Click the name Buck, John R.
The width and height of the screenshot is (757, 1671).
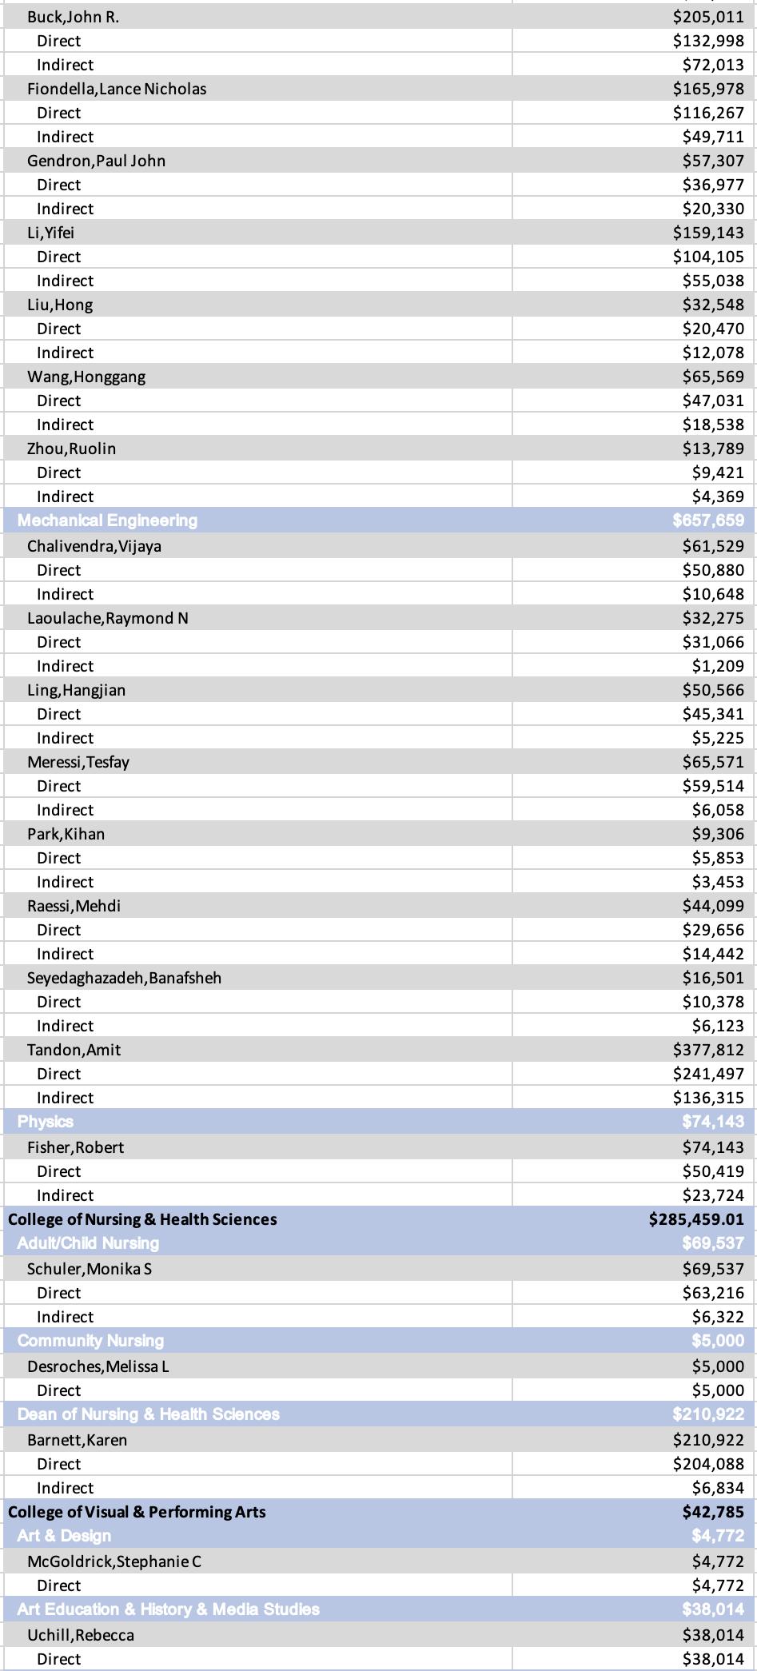click(73, 17)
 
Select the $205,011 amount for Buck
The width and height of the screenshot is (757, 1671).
click(708, 17)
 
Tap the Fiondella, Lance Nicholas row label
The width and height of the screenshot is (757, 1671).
click(117, 89)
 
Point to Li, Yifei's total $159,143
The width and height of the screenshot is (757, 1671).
click(708, 233)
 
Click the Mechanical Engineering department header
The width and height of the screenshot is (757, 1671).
click(107, 520)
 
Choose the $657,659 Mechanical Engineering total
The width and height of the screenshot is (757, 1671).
click(708, 520)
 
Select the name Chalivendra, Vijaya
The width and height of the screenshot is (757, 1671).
click(94, 546)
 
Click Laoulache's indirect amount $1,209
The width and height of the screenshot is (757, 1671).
click(718, 666)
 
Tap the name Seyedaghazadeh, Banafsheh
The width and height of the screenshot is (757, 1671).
click(124, 978)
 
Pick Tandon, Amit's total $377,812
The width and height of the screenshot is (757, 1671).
click(708, 1050)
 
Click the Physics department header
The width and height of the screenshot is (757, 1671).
click(46, 1122)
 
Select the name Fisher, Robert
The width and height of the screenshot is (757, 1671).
click(75, 1147)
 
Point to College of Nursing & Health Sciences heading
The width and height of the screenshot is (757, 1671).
click(142, 1219)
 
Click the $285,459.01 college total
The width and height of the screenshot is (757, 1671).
click(696, 1219)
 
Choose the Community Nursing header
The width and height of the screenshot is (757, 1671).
click(90, 1341)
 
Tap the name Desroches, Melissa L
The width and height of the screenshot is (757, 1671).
click(98, 1366)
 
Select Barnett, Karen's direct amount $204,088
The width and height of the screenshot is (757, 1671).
click(708, 1464)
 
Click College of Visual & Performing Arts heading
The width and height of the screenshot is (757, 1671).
click(137, 1512)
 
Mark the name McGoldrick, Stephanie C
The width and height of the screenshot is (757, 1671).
click(114, 1561)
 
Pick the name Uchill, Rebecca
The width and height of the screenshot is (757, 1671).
click(80, 1635)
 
